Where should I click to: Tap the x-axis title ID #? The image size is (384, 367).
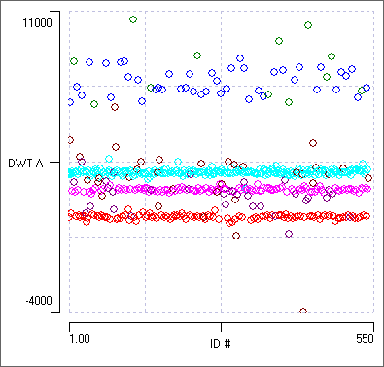click(221, 343)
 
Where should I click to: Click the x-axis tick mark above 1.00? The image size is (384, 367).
click(71, 318)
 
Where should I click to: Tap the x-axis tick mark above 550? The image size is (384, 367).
click(372, 318)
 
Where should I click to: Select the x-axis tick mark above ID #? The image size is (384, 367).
click(221, 318)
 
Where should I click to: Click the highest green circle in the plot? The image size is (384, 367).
click(133, 19)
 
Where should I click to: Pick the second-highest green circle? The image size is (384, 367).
click(308, 25)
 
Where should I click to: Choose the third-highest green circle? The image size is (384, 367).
click(279, 41)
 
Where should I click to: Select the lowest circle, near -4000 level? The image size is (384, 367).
click(303, 312)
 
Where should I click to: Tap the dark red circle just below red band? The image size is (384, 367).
click(235, 235)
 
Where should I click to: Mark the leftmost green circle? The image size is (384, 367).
click(74, 61)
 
